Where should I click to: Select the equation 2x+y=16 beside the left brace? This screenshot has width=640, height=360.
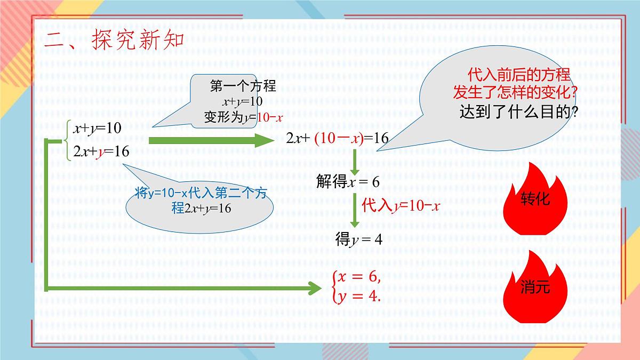coord(101,151)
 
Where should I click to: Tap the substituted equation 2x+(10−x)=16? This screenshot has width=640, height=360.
coord(337,139)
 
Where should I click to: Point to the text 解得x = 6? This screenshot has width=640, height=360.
coord(348,182)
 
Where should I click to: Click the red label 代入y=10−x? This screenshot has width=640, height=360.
coord(400,205)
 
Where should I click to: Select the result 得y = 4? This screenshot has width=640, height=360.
coord(359,239)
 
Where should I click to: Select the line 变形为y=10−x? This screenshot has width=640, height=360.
coord(243,117)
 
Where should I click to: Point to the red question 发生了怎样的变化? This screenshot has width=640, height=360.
coord(515,92)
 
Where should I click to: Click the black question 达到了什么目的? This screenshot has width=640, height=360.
coord(519,112)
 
